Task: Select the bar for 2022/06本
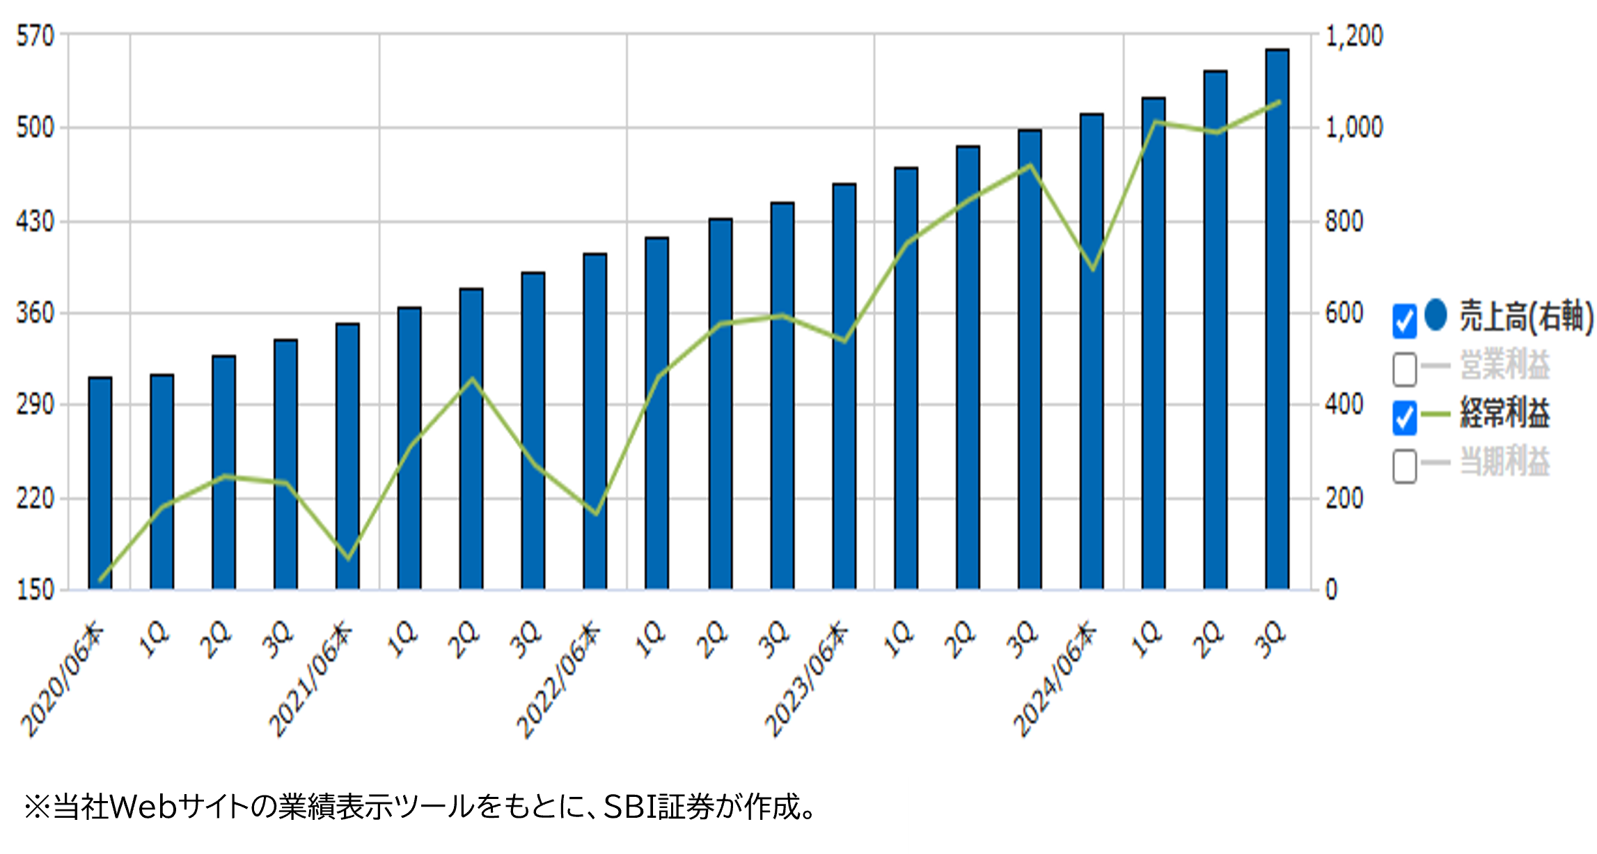pos(595,421)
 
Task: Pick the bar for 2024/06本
pos(1092,351)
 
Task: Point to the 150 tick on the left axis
pos(36,590)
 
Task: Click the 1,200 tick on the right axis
pos(1353,36)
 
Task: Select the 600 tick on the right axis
pos(1344,313)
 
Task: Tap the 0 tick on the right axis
pos(1332,590)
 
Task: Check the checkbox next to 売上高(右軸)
pos(1404,321)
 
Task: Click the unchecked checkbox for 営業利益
pos(1404,368)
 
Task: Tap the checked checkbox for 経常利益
pos(1404,417)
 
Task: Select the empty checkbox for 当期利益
pos(1404,465)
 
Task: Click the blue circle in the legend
pos(1435,315)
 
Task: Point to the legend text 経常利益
pos(1504,414)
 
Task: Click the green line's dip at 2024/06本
pos(1093,269)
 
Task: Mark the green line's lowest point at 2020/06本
pos(101,580)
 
